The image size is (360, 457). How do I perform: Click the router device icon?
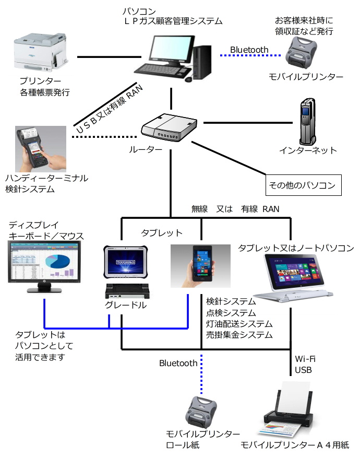point(169,128)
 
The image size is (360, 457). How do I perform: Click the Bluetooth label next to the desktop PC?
point(249,50)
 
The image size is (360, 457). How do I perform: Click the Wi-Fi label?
point(305,359)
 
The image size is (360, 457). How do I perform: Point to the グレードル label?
point(126,306)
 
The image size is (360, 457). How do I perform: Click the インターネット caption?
point(308,150)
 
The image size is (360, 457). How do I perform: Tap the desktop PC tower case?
point(202,62)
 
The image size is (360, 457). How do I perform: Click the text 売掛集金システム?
point(239,335)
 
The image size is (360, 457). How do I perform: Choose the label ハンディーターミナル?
point(46,178)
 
